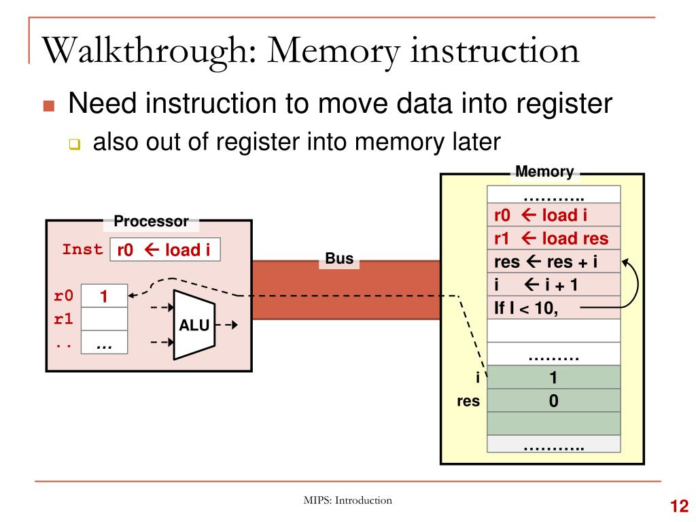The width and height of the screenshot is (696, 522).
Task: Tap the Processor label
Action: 151,221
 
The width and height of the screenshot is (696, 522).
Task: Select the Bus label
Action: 340,258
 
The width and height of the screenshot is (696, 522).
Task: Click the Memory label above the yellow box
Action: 544,171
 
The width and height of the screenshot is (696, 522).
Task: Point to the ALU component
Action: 194,325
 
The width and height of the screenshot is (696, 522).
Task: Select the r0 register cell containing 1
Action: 104,296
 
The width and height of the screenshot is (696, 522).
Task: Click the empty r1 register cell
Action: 104,318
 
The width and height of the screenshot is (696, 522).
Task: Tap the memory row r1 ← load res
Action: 553,239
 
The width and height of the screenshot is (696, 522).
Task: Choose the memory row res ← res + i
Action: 553,262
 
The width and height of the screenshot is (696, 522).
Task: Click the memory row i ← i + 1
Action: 553,285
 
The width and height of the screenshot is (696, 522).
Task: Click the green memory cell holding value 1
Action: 553,377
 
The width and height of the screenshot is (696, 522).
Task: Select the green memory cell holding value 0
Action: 553,401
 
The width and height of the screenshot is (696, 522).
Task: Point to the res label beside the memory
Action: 468,401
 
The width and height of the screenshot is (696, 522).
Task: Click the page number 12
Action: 679,506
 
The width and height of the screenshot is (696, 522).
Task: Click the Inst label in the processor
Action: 82,249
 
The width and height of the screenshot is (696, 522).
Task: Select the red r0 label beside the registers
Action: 63,296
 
